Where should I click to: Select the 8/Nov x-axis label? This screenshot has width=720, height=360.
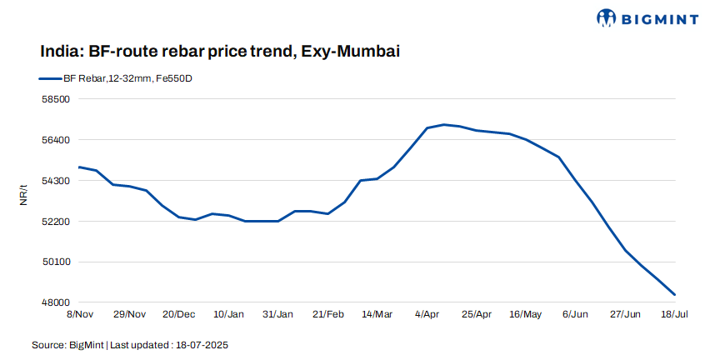(x=78, y=314)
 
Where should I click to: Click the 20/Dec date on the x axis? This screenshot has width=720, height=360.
(x=179, y=314)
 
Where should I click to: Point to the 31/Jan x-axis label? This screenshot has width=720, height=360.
(x=278, y=314)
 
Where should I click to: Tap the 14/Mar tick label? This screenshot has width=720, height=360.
(x=377, y=314)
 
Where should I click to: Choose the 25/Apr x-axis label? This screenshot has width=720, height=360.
(x=477, y=314)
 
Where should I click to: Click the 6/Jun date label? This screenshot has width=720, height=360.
(x=576, y=314)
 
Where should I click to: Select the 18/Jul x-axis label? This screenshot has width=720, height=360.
(x=675, y=314)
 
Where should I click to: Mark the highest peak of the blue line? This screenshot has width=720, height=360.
(x=443, y=124)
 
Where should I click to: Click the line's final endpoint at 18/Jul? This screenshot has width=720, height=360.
(x=675, y=295)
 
